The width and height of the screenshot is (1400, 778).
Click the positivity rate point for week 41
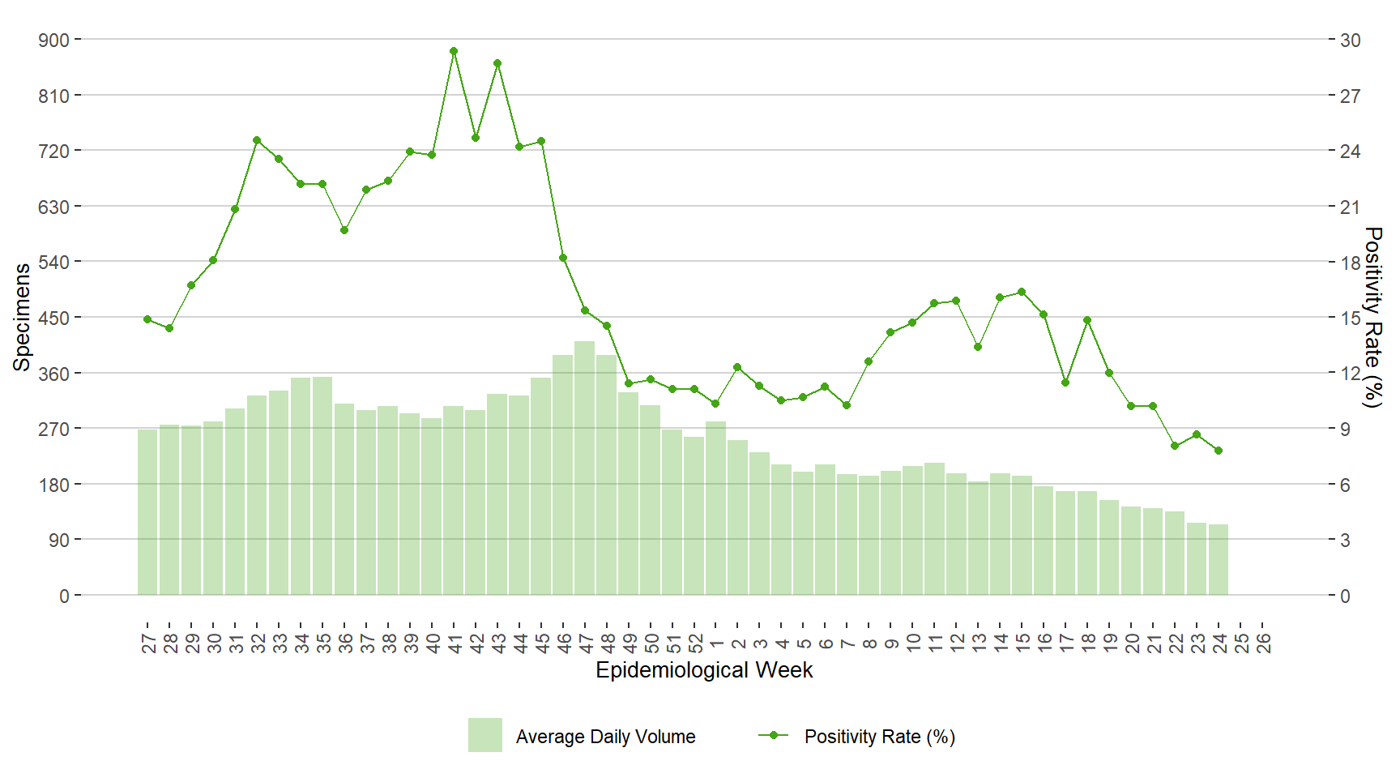pos(454,51)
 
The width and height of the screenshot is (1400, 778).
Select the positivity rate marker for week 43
pos(497,63)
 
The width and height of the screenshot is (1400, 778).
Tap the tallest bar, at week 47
pos(585,468)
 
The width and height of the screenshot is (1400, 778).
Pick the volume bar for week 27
pos(147,512)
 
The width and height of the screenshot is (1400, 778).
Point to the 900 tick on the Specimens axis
pos(54,40)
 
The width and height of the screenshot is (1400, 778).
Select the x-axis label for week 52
pos(695,643)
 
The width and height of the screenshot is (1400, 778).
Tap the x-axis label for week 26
pos(1263,643)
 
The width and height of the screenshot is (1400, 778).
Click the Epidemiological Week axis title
pos(704,670)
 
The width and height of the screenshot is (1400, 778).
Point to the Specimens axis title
pos(22,317)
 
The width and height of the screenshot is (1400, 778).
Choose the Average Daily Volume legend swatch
pos(484,735)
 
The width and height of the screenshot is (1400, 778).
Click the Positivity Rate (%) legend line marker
pos(773,735)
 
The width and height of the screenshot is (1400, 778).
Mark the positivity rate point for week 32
pos(257,140)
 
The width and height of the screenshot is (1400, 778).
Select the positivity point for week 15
pos(1022,292)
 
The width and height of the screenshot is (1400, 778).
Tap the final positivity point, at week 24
pos(1219,451)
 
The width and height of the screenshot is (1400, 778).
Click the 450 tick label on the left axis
pos(54,318)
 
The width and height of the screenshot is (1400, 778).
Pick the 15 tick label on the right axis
pos(1350,318)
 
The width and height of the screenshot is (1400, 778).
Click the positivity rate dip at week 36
pos(344,230)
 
